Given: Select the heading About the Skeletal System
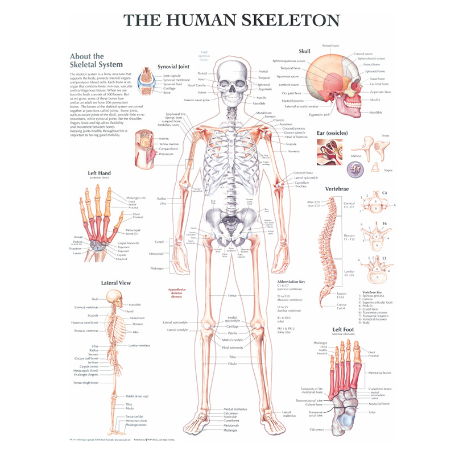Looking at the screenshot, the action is pos(87,60).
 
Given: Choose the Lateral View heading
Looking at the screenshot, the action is pos(116,283).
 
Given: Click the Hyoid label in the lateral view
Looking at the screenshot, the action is pos(130,311).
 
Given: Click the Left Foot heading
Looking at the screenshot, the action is pos(345,329).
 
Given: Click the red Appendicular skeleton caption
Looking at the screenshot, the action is pos(177,292).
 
